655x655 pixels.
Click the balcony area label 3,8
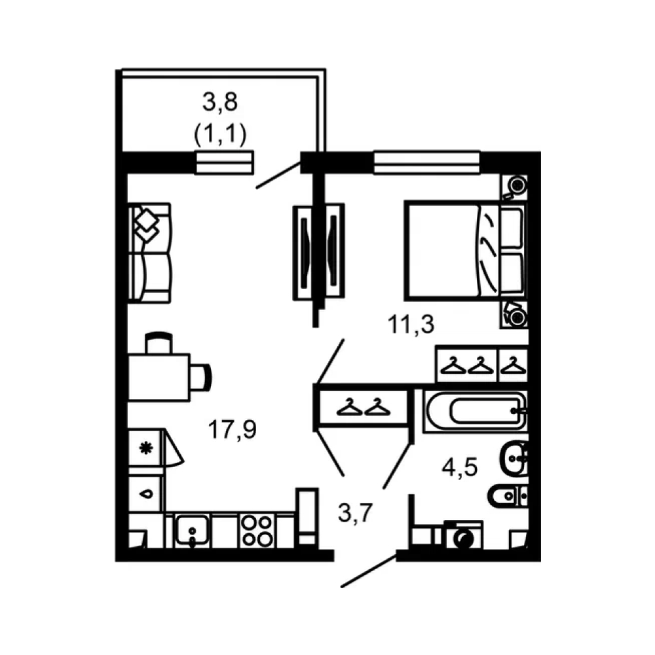pyautogui.click(x=220, y=103)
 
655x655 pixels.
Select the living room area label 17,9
pyautogui.click(x=233, y=430)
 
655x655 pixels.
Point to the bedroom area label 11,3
pyautogui.click(x=411, y=325)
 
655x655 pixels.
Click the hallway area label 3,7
pyautogui.click(x=355, y=513)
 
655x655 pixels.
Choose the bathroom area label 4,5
pyautogui.click(x=460, y=468)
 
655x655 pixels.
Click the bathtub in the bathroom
pyautogui.click(x=476, y=411)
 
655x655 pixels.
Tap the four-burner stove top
pyautogui.click(x=257, y=531)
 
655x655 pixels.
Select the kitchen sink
pyautogui.click(x=192, y=531)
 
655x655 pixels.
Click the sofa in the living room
pyautogui.click(x=149, y=253)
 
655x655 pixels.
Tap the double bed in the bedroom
pyautogui.click(x=464, y=251)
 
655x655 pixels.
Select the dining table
pyautogui.click(x=159, y=378)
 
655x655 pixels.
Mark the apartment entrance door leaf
pyautogui.click(x=369, y=571)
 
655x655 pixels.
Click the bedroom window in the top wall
pyautogui.click(x=426, y=162)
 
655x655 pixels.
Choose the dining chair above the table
pyautogui.click(x=159, y=343)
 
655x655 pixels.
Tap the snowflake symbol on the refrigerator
pyautogui.click(x=146, y=449)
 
